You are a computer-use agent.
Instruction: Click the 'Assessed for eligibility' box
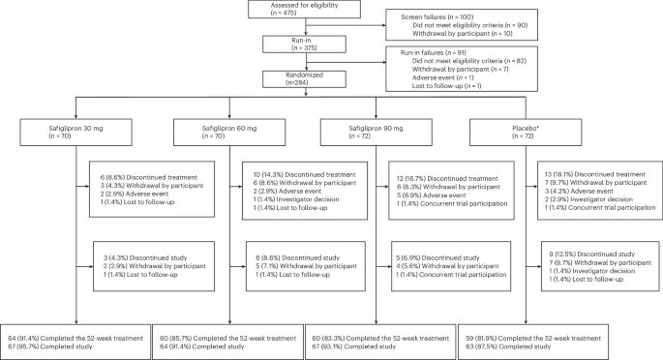(305, 9)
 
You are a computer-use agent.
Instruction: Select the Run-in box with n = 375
(305, 44)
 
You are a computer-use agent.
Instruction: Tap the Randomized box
(305, 79)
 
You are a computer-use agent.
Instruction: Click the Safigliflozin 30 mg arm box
(75, 132)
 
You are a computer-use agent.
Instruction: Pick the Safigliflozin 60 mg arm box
(229, 132)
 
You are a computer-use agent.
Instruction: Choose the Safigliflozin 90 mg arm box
(377, 132)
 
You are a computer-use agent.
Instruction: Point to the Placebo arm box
(526, 132)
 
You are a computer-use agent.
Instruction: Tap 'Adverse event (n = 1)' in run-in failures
(442, 77)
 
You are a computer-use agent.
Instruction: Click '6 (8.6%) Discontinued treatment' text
(149, 177)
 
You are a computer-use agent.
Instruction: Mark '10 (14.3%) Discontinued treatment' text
(305, 174)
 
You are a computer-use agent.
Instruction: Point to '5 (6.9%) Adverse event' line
(431, 195)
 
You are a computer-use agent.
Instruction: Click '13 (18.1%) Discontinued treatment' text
(595, 174)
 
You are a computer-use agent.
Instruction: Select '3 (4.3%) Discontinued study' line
(145, 257)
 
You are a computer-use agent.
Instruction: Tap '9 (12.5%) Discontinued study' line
(592, 255)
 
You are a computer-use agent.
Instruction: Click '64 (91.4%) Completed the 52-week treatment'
(75, 339)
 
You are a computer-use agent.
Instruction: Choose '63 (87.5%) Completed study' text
(508, 346)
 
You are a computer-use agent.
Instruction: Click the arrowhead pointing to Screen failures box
(384, 25)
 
